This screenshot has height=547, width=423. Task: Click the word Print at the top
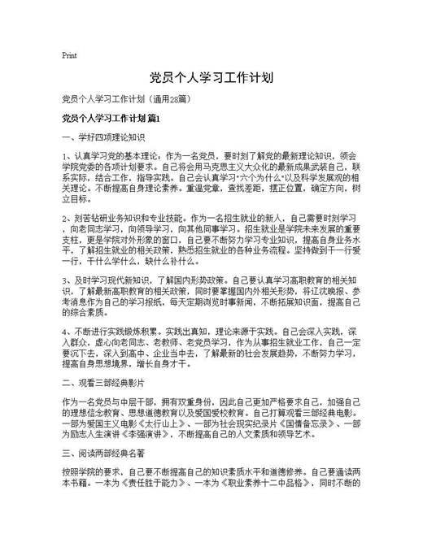point(69,56)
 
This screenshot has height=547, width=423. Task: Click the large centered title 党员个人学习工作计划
point(211,79)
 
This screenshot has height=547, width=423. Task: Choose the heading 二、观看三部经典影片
point(102,381)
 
